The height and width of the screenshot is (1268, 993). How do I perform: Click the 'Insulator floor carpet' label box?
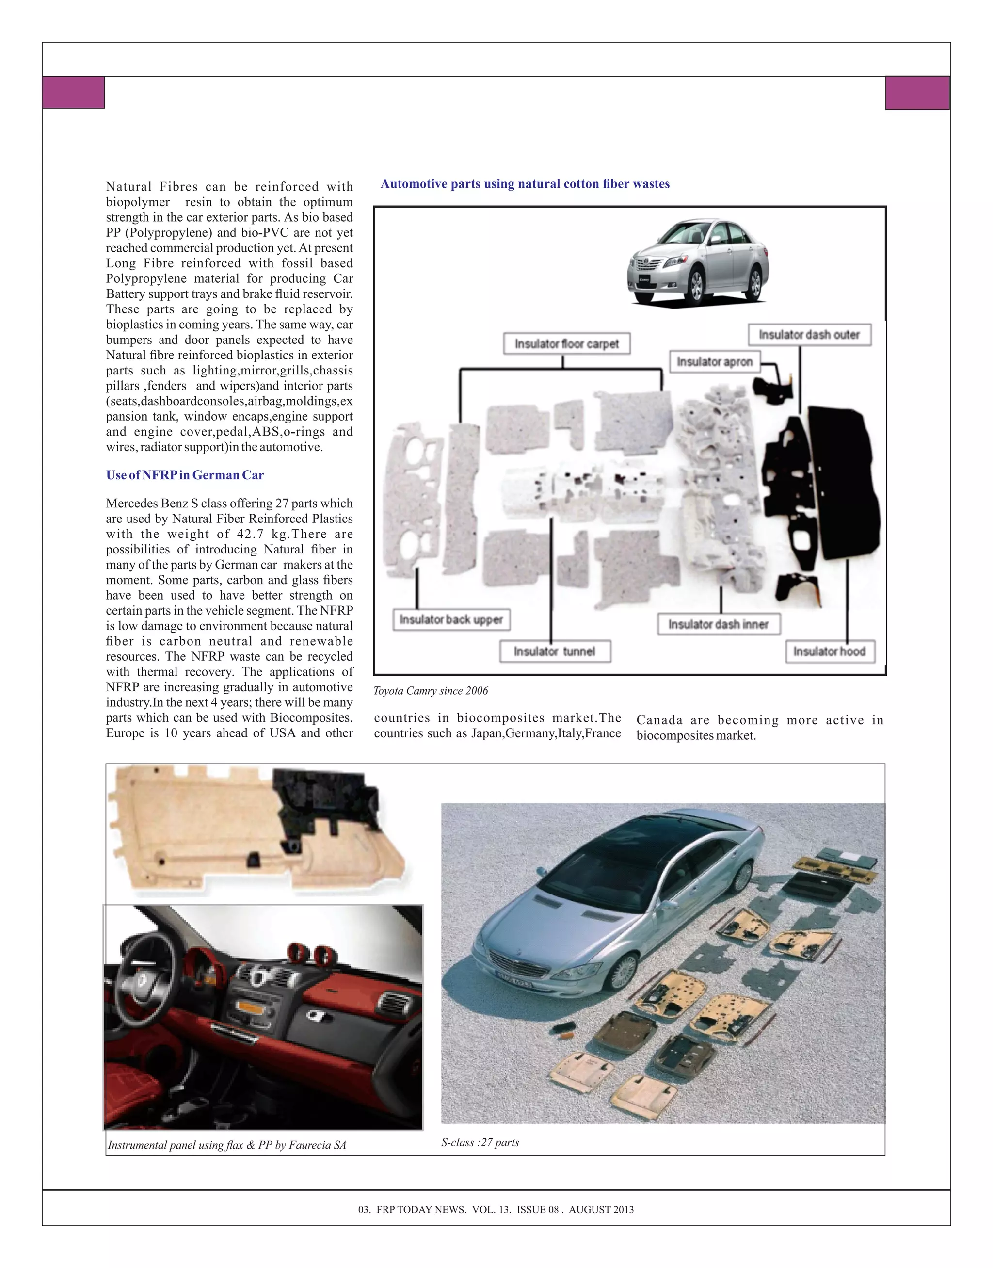566,344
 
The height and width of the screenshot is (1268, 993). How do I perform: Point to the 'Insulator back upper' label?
451,619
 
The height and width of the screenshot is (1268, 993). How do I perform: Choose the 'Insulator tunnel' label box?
555,651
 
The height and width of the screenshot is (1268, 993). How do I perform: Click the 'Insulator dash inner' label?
719,624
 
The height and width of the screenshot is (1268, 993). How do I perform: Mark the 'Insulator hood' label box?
829,651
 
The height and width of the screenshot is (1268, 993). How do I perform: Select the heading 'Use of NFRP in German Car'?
185,475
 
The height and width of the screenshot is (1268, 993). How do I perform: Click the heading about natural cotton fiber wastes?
525,184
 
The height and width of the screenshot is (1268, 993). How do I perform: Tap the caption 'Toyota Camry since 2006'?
430,691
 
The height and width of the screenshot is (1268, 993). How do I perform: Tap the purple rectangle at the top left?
73,93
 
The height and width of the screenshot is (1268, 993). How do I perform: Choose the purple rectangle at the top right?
917,93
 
